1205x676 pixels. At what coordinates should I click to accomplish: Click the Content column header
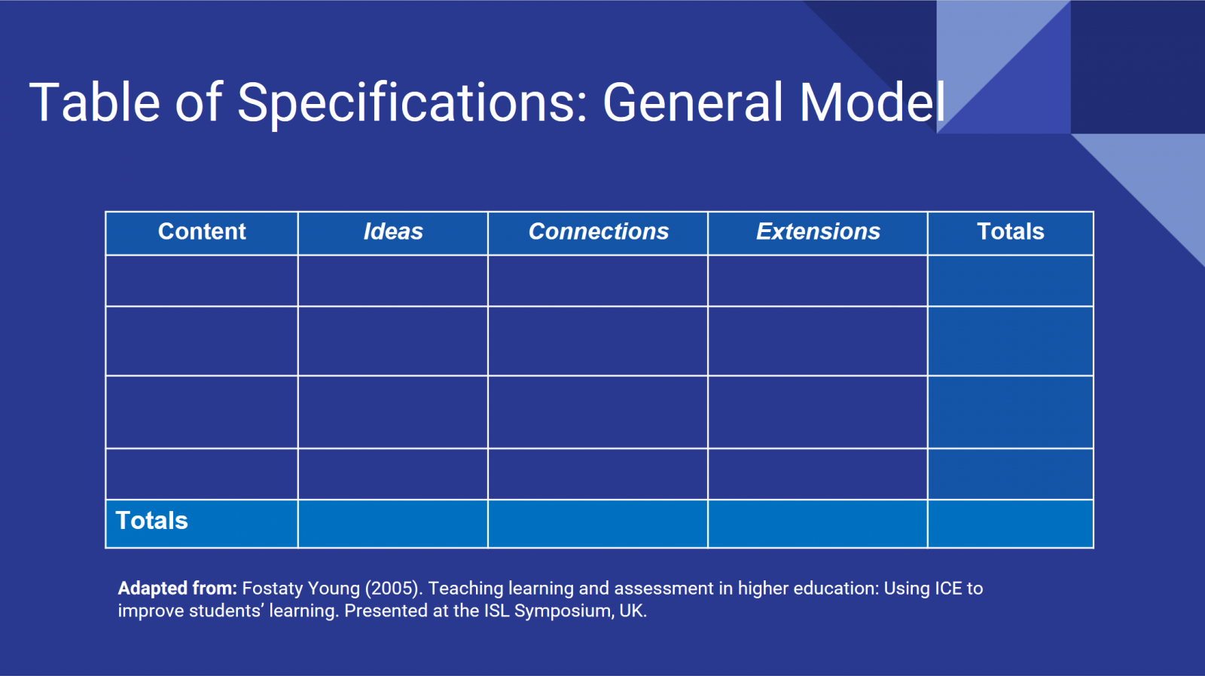[202, 231]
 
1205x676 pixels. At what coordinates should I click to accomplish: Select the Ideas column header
[393, 231]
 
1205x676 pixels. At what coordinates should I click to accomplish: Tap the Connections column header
[598, 231]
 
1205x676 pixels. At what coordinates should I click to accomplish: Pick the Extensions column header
[818, 231]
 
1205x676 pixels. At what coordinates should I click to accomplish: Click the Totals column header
[1010, 231]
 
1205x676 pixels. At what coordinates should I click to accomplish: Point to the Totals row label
[151, 521]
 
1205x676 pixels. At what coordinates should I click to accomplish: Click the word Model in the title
[872, 102]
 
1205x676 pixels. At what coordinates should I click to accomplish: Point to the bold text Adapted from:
[178, 589]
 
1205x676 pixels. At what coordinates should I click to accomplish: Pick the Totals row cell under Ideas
[392, 524]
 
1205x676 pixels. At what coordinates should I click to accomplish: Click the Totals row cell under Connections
[598, 524]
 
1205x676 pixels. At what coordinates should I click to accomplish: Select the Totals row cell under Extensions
[818, 524]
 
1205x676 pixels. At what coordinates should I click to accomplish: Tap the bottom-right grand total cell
[1010, 524]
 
